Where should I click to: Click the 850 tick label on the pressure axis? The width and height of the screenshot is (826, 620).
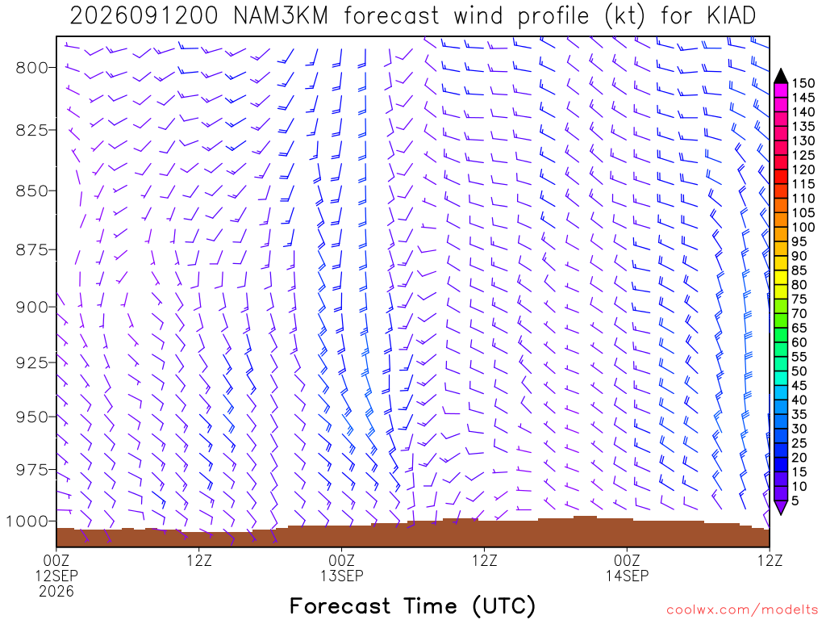coord(31,191)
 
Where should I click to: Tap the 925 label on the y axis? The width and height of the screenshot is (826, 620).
coord(31,362)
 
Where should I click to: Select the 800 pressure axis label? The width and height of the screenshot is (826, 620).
coord(31,68)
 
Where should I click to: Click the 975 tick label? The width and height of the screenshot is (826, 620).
coord(31,469)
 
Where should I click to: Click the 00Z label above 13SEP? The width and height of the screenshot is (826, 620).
coord(341,560)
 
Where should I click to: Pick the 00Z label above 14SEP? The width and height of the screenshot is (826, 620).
coord(627,560)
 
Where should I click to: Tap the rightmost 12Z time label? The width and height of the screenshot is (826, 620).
coord(770,560)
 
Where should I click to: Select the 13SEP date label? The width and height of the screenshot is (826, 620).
coord(341,576)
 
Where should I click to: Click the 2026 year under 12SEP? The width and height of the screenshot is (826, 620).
coord(56,592)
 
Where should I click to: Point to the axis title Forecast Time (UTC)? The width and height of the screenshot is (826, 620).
coord(412,606)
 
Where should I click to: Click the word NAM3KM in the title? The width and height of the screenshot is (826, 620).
coord(280,16)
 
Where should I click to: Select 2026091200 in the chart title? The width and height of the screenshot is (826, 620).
coord(144,16)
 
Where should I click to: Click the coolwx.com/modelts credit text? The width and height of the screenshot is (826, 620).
coord(742,610)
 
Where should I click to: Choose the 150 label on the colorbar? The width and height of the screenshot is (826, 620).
coord(803,83)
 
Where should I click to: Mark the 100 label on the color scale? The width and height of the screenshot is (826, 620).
coord(803,227)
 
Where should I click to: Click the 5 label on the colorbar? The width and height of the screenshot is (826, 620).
coord(795,501)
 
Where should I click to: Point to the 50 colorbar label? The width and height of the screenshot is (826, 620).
coord(799,371)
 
